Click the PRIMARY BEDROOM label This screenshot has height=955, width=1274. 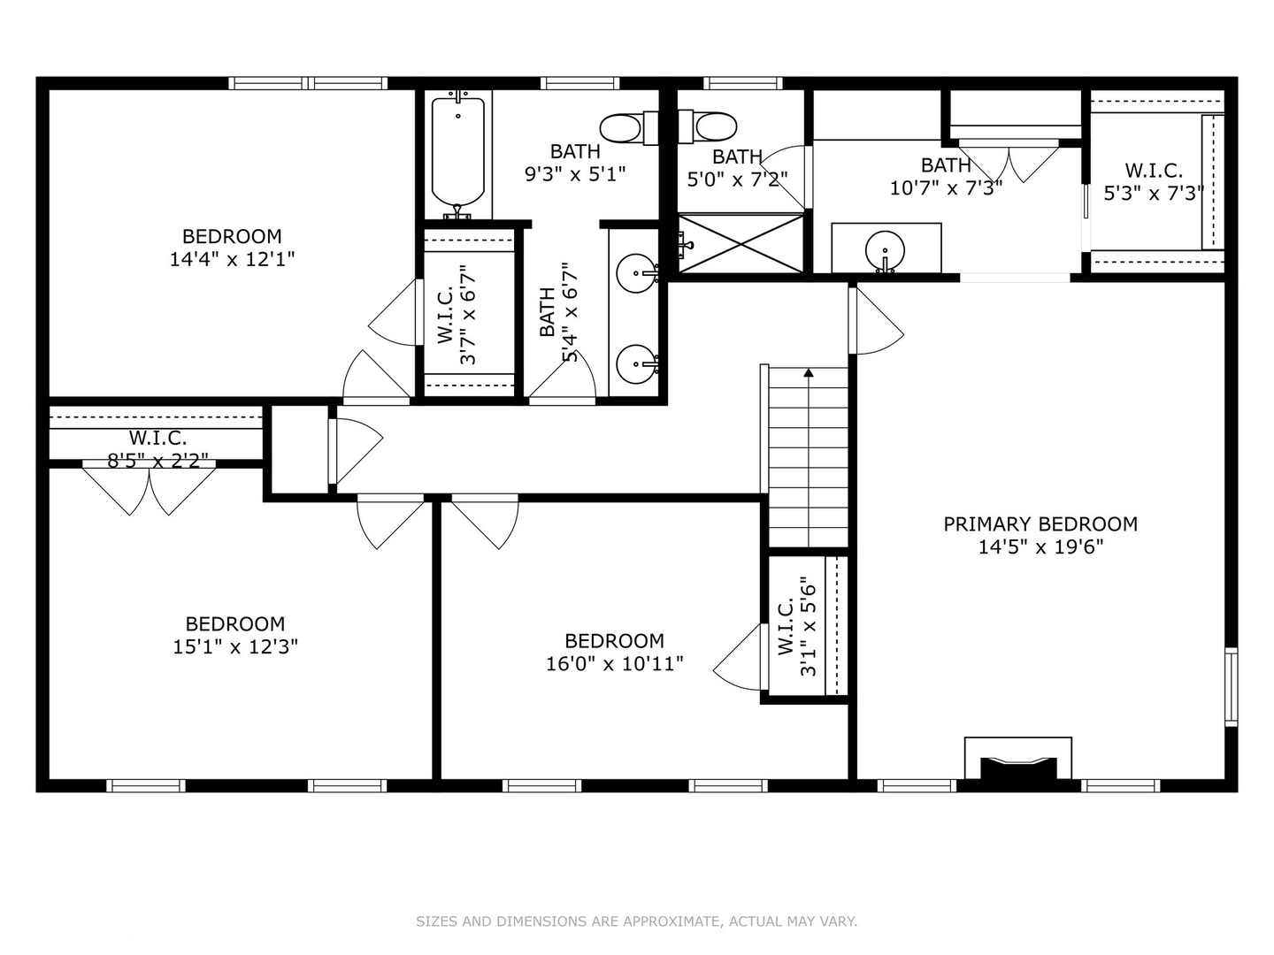click(1040, 524)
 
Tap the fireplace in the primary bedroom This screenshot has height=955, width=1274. click(1018, 759)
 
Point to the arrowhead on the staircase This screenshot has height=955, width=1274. click(809, 372)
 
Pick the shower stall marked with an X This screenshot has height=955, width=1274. click(741, 243)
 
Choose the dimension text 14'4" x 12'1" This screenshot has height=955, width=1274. click(232, 259)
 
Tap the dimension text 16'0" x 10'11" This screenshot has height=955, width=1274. click(615, 663)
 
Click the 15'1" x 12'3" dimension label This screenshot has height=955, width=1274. click(235, 646)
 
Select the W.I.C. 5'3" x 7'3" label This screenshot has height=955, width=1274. click(1154, 181)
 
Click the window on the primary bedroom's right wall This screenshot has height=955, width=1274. click(1231, 686)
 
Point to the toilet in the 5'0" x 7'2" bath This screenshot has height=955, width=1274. click(708, 126)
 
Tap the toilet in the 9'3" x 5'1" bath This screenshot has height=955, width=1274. click(628, 128)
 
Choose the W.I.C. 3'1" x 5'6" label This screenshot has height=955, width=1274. click(796, 626)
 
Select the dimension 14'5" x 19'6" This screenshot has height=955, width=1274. click(1040, 546)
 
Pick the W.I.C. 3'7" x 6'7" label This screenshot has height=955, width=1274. click(457, 314)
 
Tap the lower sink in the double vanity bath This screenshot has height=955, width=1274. click(637, 364)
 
